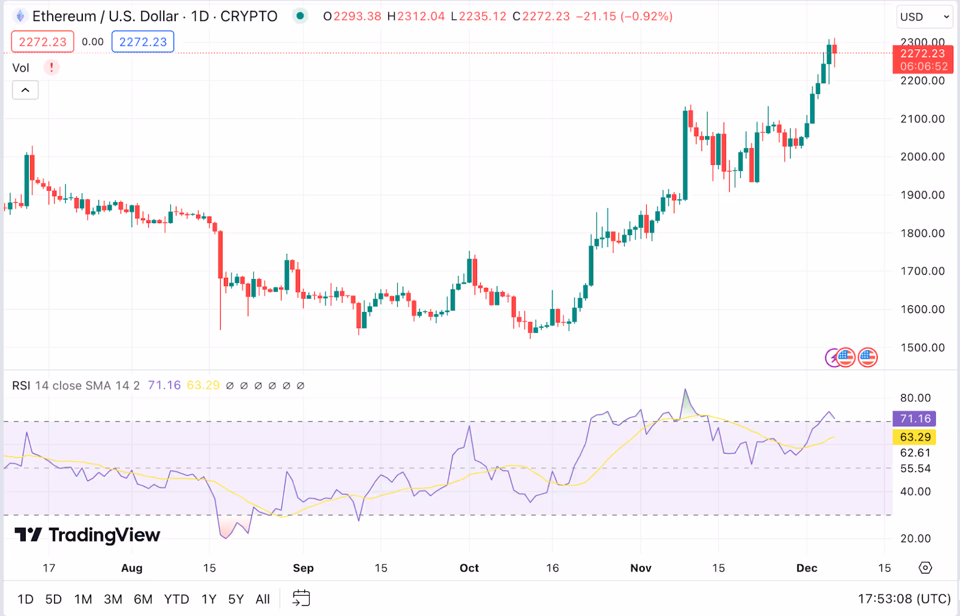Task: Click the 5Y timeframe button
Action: click(x=236, y=599)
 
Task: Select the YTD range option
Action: click(x=176, y=599)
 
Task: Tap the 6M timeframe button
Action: click(x=143, y=599)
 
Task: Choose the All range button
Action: click(x=263, y=599)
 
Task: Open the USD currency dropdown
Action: click(x=925, y=17)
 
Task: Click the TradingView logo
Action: click(x=88, y=534)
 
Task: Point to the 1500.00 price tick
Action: click(x=922, y=348)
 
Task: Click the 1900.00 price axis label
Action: click(x=922, y=195)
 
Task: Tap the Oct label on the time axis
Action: click(x=469, y=568)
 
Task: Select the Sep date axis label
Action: click(x=303, y=568)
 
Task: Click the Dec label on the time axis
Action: click(x=806, y=568)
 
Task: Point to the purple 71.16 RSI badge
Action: click(x=915, y=419)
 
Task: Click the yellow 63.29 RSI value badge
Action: click(x=915, y=437)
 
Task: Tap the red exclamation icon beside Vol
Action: click(x=52, y=67)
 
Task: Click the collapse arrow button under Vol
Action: click(x=25, y=90)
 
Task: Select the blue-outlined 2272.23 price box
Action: click(x=143, y=42)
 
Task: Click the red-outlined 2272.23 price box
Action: click(x=43, y=42)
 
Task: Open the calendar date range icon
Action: click(x=301, y=599)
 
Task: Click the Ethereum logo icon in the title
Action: click(x=20, y=16)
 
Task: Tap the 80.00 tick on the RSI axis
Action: click(x=915, y=398)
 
